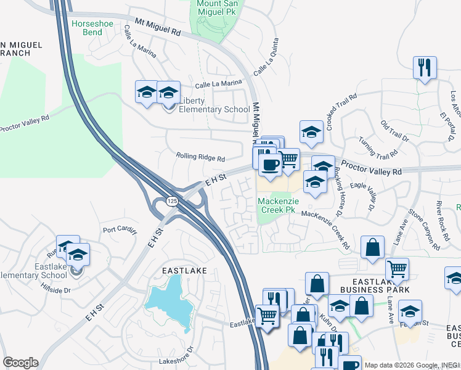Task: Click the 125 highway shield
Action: point(172,202)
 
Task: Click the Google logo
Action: point(20,363)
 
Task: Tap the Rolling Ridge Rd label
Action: point(200,157)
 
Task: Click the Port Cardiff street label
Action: point(118,230)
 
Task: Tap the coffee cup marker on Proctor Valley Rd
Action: point(270,163)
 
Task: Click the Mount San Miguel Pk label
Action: point(218,8)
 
